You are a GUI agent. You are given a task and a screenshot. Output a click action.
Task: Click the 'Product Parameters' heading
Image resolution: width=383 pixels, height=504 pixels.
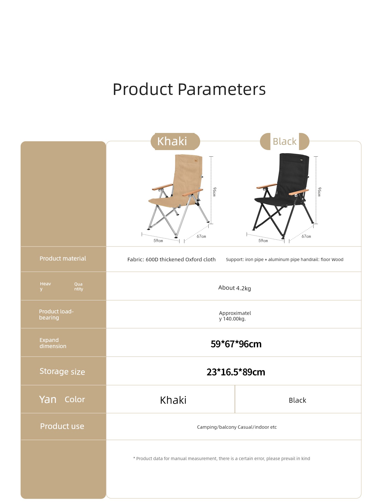tap(189, 89)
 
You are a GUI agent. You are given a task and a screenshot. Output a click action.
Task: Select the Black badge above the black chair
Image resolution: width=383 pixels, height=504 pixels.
tap(284, 141)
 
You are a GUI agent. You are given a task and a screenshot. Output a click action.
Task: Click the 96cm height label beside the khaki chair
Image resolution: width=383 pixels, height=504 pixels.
tap(214, 192)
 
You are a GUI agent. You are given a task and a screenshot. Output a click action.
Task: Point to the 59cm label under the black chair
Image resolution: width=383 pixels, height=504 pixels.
tap(263, 241)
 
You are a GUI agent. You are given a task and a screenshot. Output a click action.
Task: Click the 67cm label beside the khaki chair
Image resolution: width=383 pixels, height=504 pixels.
tap(201, 236)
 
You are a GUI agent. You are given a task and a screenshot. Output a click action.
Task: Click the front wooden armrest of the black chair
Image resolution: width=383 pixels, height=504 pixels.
tap(299, 192)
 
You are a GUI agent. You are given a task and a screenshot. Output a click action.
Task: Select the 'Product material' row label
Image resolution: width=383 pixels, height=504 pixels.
tap(63, 259)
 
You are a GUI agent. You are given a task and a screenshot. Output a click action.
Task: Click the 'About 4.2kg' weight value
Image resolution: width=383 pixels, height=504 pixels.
tap(235, 288)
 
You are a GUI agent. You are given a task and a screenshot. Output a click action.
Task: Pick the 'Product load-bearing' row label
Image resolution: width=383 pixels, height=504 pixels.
tap(56, 314)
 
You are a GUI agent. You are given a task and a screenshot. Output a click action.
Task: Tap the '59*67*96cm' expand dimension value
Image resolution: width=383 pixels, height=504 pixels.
tap(236, 344)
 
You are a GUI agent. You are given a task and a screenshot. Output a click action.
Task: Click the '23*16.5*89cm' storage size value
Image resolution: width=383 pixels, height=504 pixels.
tap(236, 372)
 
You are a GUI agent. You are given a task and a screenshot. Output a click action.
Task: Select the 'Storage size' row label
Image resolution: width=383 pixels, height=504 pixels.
tap(62, 372)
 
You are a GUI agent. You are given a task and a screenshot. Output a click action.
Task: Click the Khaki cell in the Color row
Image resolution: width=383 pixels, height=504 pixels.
tap(173, 400)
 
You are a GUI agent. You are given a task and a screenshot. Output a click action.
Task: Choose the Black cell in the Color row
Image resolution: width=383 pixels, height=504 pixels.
tap(297, 400)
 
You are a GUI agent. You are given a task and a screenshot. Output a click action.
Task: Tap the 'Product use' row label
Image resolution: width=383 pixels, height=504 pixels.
tap(62, 426)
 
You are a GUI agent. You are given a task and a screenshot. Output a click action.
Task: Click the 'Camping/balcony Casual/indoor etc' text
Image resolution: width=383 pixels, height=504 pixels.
tap(237, 427)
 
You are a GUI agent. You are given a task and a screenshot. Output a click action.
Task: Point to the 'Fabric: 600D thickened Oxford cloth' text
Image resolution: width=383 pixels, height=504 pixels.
tap(172, 260)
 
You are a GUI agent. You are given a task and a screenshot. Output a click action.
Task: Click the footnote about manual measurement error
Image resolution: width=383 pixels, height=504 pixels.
tap(222, 459)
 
